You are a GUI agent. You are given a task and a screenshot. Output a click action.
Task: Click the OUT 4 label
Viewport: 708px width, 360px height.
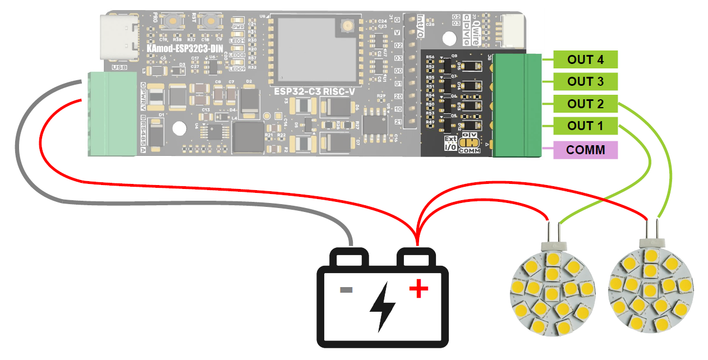point(585,59)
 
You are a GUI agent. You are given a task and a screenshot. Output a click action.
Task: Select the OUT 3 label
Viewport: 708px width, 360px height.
point(585,81)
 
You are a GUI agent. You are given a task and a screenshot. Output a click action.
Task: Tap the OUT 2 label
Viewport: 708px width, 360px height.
point(585,104)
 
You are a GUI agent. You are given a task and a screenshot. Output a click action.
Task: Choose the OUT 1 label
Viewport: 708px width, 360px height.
point(585,126)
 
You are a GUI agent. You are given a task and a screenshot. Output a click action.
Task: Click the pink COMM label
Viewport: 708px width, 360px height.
point(585,150)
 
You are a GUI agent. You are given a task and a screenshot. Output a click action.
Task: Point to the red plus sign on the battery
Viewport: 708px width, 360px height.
point(418,289)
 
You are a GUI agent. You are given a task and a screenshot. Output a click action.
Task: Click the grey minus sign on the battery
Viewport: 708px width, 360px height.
point(346,290)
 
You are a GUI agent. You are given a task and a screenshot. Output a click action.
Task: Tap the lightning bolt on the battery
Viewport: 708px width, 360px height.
point(383,306)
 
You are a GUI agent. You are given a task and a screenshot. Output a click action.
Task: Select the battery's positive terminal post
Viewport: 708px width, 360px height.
point(416,259)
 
